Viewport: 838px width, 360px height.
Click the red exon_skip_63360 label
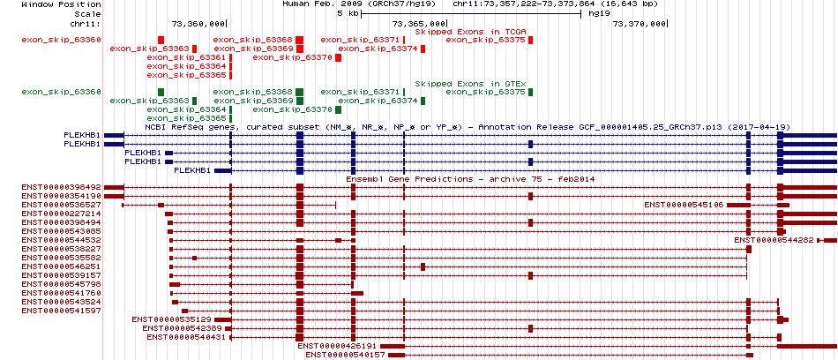(62, 40)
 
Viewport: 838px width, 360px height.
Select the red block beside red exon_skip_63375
(531, 40)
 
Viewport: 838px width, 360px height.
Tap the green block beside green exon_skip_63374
(423, 101)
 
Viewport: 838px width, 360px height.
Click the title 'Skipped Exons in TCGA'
(471, 32)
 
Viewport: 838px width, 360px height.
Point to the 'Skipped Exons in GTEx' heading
(471, 84)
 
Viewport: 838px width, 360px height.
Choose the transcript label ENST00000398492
(62, 188)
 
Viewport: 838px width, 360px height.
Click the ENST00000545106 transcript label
(685, 205)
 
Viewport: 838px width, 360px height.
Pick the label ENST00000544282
(774, 240)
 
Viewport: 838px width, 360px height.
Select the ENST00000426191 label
(338, 346)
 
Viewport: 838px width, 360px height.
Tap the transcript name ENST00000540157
(346, 355)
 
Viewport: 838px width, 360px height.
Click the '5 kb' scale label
(348, 13)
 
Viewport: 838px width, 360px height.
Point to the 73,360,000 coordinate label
(198, 24)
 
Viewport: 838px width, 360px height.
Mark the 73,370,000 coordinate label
(639, 24)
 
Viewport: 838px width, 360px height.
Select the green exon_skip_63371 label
(360, 93)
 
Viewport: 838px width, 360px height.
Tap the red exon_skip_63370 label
(293, 57)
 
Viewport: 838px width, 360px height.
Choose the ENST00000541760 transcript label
(62, 293)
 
